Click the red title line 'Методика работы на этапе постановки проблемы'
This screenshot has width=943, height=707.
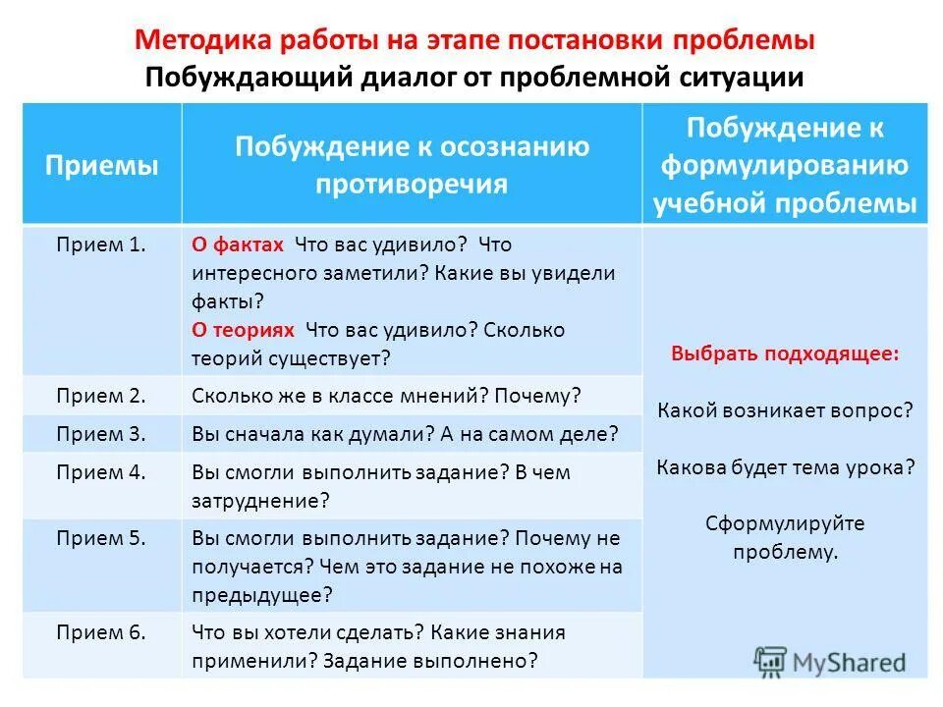pyautogui.click(x=474, y=41)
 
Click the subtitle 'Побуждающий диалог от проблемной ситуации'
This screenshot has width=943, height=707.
pyautogui.click(x=474, y=77)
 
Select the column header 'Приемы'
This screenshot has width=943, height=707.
pyautogui.click(x=101, y=165)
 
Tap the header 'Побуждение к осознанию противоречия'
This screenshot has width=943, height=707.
pyautogui.click(x=412, y=165)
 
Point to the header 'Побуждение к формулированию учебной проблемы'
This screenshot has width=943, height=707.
pyautogui.click(x=785, y=165)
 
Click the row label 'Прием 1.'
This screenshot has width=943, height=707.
pyautogui.click(x=101, y=245)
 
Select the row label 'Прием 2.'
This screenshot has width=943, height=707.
pyautogui.click(x=101, y=396)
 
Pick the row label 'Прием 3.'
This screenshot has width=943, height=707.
pyautogui.click(x=101, y=433)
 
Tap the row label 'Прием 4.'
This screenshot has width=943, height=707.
pyautogui.click(x=101, y=471)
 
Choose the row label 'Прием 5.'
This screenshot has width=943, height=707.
pyautogui.click(x=101, y=538)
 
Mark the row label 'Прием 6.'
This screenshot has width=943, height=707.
pyautogui.click(x=101, y=632)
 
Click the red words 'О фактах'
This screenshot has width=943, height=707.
pyautogui.click(x=238, y=245)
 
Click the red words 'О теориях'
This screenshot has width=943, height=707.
pyautogui.click(x=243, y=330)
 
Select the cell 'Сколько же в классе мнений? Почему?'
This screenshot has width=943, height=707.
pyautogui.click(x=387, y=397)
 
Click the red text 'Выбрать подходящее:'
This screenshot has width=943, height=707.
pyautogui.click(x=785, y=353)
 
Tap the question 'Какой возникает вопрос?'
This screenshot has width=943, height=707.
pyautogui.click(x=785, y=409)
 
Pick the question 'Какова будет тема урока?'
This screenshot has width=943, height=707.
pyautogui.click(x=785, y=466)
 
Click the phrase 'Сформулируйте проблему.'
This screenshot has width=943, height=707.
pyautogui.click(x=785, y=537)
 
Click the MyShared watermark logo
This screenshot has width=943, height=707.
pyautogui.click(x=830, y=661)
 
